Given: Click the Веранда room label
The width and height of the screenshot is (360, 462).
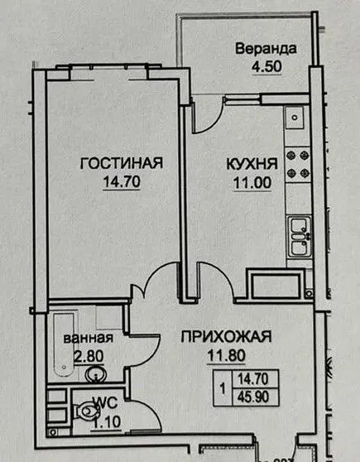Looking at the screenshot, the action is pos(266,49).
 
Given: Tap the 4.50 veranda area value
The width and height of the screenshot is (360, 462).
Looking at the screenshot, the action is pos(266,66).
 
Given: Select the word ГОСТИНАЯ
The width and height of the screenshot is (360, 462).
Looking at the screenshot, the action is pos(122,163).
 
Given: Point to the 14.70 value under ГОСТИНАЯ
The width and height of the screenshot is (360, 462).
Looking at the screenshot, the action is pos(122,181).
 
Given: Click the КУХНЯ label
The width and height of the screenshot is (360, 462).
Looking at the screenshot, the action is pos(252,164).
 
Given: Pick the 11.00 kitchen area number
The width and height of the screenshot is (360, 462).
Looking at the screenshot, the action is pos(252,183).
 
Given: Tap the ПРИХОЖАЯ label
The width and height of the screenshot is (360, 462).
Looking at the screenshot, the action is pos(226,337).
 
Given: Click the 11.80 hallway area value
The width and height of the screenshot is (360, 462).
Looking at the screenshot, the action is pos(226,355).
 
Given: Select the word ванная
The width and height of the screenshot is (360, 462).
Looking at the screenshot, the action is pos(89,338).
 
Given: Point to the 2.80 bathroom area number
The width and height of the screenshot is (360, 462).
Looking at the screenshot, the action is pos(89,357).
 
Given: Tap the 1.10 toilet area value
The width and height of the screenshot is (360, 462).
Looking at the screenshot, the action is pos(107,422).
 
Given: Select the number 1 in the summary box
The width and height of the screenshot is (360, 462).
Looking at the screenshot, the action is pos(223,388).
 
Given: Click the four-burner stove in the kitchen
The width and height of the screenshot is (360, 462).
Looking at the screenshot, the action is pos(298,164).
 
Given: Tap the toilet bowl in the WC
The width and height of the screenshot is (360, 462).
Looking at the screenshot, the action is pos(85,411).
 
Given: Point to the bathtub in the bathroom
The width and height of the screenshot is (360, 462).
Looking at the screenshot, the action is pos(64,344).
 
